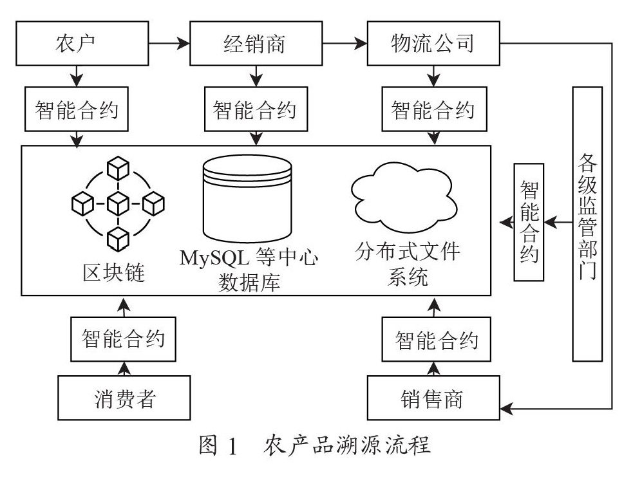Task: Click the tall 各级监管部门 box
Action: (x=587, y=223)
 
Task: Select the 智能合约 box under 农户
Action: (x=77, y=110)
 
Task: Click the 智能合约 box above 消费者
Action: (x=123, y=339)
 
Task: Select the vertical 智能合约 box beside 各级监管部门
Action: (x=528, y=222)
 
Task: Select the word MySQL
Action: (x=213, y=257)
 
